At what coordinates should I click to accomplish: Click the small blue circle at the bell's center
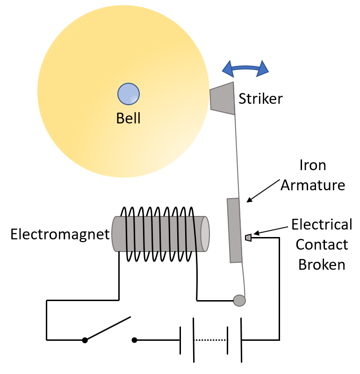128,93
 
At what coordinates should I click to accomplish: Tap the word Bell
128,118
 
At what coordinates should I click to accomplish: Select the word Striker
260,99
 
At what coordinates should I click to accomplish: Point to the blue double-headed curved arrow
245,69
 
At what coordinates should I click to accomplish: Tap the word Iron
313,165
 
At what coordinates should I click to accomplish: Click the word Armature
313,185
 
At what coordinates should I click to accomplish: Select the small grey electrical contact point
248,238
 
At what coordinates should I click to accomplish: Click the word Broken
322,265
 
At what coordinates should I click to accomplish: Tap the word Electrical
322,225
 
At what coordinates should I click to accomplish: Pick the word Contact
322,245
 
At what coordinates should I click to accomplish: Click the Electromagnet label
60,234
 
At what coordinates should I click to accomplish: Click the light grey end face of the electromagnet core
204,234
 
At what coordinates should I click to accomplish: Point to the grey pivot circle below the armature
239,300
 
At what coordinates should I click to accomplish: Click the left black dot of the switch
85,340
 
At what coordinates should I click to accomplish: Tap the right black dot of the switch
135,340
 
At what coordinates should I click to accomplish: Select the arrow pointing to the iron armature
265,190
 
